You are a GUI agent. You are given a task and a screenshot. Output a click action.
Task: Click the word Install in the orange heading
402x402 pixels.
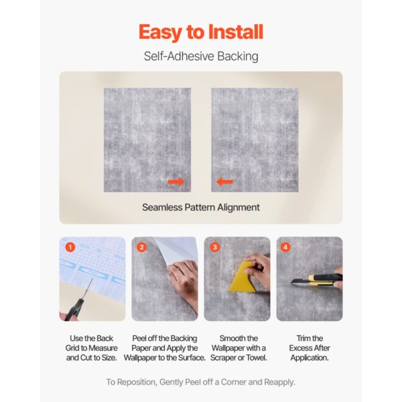(x=236, y=31)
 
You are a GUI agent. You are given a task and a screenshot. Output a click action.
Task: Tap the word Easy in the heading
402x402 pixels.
(x=161, y=33)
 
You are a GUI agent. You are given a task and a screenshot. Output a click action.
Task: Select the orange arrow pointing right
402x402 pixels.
(x=176, y=182)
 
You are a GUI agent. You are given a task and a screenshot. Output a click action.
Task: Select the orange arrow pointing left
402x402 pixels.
(x=224, y=182)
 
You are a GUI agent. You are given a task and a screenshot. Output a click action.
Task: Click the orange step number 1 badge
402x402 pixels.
(x=70, y=247)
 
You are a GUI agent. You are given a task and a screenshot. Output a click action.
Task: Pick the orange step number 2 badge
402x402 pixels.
(x=141, y=247)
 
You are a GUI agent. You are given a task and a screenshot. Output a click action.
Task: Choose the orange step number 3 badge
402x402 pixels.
(x=215, y=247)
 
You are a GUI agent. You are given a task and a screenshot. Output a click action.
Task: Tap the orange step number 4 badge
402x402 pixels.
(x=285, y=247)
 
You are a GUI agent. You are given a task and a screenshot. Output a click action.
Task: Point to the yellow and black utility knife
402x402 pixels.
(x=318, y=280)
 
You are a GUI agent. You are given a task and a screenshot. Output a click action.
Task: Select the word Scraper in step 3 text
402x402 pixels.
(x=224, y=358)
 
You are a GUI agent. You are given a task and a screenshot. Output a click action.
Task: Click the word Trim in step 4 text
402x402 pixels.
(x=303, y=338)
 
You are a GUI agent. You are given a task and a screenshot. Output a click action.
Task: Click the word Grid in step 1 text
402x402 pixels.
(x=72, y=348)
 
